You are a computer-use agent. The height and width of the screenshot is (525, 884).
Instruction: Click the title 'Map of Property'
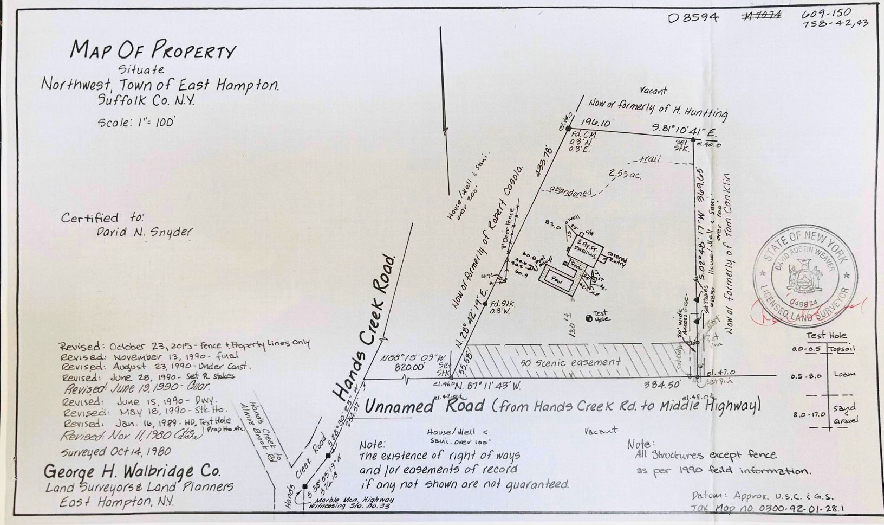pyautogui.click(x=153, y=52)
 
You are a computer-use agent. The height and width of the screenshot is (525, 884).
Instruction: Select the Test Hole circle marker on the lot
pyautogui.click(x=589, y=318)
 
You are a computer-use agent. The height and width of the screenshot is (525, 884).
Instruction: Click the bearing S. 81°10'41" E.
pyautogui.click(x=684, y=131)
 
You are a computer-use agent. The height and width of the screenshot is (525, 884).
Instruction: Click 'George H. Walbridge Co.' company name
pyautogui.click(x=133, y=470)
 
